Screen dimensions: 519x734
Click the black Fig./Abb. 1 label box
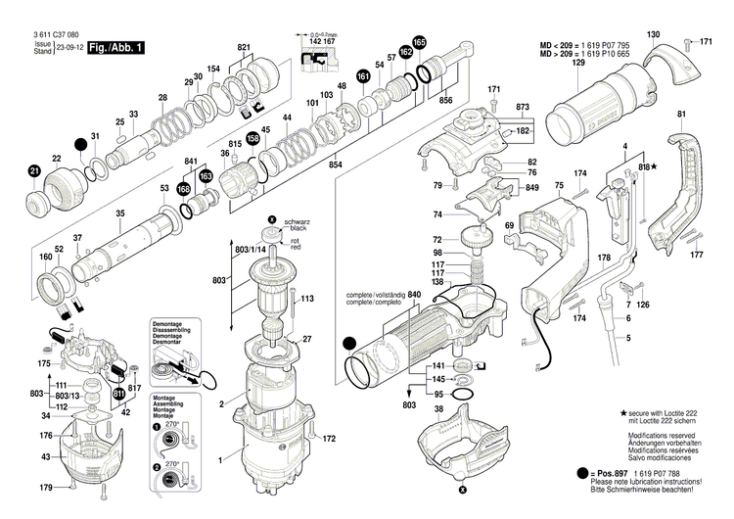(x=115, y=47)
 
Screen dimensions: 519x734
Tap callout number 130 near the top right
(x=653, y=35)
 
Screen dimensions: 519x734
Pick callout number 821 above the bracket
(x=244, y=47)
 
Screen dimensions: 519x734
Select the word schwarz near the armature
(x=298, y=223)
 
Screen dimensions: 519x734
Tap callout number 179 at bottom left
(x=44, y=488)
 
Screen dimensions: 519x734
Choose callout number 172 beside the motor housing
(x=329, y=438)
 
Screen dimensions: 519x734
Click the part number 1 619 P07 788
(x=670, y=472)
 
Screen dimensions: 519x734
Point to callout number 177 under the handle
(x=696, y=256)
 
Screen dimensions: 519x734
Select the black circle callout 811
(x=118, y=394)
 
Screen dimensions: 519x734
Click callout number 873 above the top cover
(x=523, y=105)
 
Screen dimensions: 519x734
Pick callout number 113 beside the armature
(x=306, y=298)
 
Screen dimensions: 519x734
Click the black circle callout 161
(x=363, y=76)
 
